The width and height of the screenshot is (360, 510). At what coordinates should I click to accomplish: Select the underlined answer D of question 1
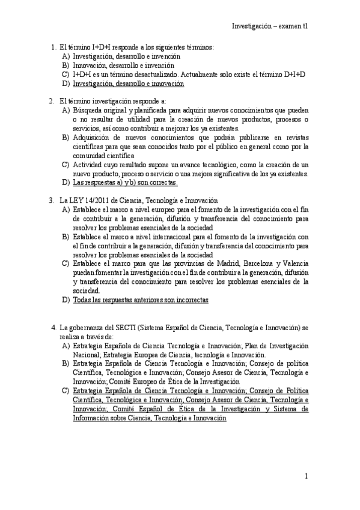click(128, 84)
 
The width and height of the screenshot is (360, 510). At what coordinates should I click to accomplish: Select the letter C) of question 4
click(66, 391)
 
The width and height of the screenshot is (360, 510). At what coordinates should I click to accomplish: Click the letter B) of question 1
click(66, 65)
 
